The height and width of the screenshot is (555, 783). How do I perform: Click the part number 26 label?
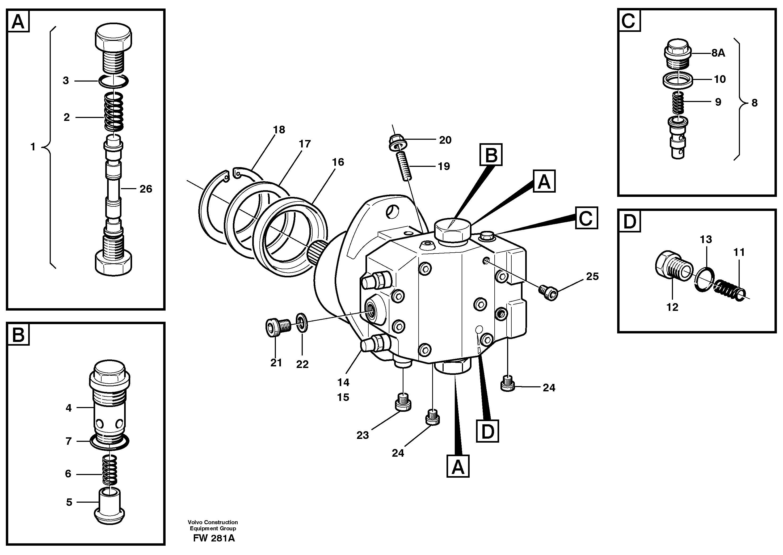coord(146,189)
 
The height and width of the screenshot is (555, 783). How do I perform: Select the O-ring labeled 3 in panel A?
coord(113,81)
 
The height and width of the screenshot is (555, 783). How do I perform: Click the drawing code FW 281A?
coord(214,538)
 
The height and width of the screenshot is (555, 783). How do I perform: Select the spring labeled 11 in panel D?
coord(729,289)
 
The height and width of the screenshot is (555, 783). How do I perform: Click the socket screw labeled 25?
coord(548,292)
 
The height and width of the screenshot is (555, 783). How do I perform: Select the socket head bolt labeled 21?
coord(277,327)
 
